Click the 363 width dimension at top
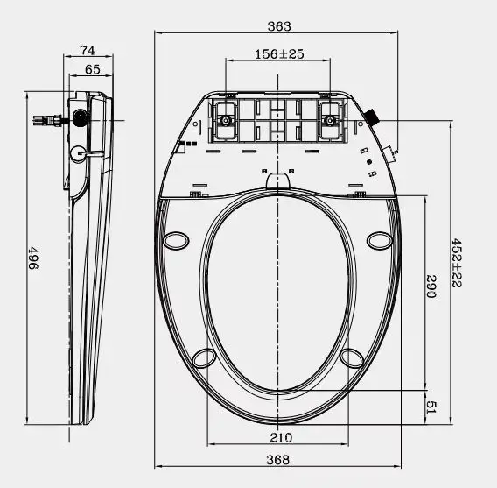(x=279, y=27)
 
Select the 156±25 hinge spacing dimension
(x=279, y=54)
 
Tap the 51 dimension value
(x=430, y=405)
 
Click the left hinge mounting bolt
(x=225, y=120)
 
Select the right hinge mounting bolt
(x=332, y=120)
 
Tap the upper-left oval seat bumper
(x=178, y=238)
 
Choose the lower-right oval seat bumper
(x=353, y=357)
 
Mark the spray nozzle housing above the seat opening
(x=278, y=180)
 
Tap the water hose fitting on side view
(x=44, y=118)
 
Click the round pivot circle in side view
(x=78, y=151)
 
